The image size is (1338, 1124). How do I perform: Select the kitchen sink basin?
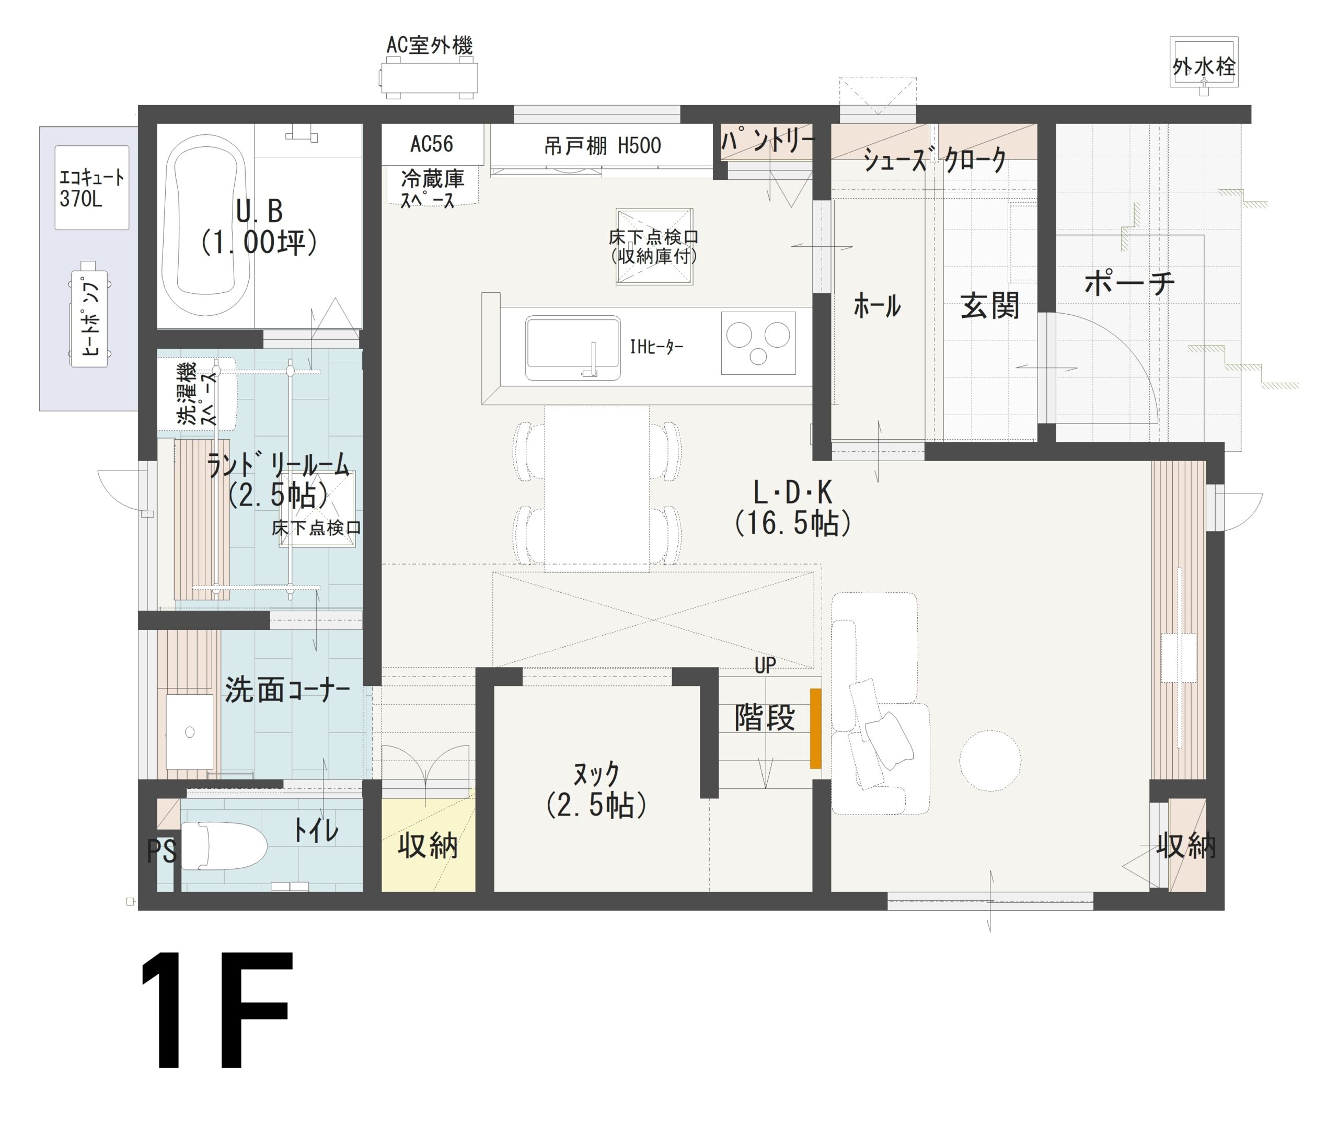[572, 348]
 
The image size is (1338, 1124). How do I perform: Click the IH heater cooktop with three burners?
[758, 343]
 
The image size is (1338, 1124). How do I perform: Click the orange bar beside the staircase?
[815, 728]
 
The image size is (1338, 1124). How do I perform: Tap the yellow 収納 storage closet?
[428, 846]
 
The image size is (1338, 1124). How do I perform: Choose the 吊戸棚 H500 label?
[602, 146]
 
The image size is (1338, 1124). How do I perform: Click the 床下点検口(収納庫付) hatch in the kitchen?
[654, 247]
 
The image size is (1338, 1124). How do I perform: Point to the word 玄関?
[989, 306]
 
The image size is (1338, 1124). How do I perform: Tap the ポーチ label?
[1129, 283]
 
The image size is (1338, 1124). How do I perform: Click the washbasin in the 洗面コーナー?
[189, 732]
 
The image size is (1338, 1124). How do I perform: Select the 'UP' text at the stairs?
[765, 665]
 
